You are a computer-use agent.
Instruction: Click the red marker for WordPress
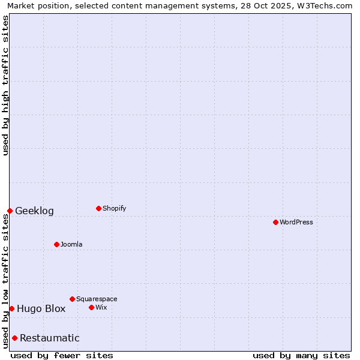click(x=275, y=222)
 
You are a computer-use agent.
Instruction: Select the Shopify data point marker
click(x=98, y=208)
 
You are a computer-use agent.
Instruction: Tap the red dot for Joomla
click(x=56, y=244)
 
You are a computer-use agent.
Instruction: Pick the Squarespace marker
click(x=72, y=299)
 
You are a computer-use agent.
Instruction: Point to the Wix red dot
click(x=91, y=307)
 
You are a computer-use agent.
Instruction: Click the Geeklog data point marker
click(x=10, y=211)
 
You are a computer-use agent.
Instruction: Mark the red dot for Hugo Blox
click(x=11, y=308)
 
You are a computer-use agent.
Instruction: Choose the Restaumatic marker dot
click(x=14, y=338)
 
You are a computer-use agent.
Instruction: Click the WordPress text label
click(x=296, y=222)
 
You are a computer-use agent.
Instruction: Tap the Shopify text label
click(x=114, y=208)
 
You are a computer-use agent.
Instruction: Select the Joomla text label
click(x=71, y=244)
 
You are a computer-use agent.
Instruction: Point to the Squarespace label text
click(x=97, y=299)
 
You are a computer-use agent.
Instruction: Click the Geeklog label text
click(x=34, y=211)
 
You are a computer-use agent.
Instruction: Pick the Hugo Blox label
click(x=41, y=309)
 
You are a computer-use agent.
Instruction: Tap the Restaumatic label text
click(x=50, y=338)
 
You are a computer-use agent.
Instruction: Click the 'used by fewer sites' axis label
click(x=62, y=355)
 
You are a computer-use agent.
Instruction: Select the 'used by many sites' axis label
click(x=301, y=355)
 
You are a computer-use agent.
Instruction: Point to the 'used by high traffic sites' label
click(x=5, y=85)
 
